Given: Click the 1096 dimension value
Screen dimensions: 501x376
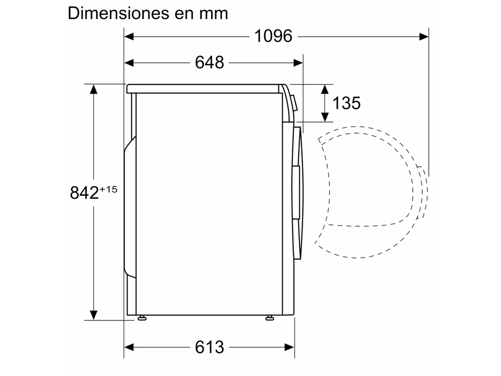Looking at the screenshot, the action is [x=273, y=36].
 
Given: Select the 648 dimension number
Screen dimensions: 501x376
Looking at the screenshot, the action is [x=210, y=62].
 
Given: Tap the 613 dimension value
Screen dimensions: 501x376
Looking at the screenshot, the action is [x=210, y=347].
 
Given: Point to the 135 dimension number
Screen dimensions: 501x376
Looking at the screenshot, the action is [x=347, y=103].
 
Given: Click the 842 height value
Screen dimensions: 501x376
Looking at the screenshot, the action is [x=84, y=193].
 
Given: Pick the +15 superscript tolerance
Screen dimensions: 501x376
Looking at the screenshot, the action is [x=108, y=189].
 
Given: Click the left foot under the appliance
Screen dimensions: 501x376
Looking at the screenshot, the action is [x=142, y=318].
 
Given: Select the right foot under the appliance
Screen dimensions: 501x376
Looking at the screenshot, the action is [x=270, y=318].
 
